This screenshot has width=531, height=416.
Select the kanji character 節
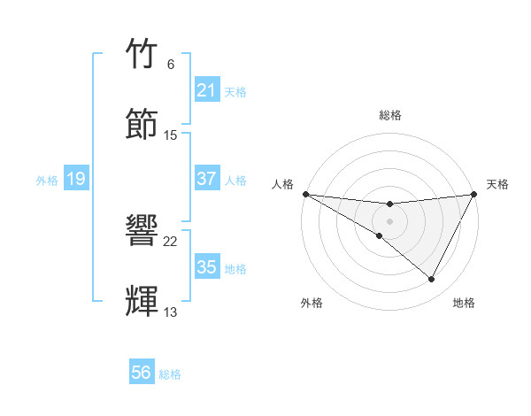point(143,124)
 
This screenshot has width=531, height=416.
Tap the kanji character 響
point(143,232)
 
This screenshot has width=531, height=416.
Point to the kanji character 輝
point(143,301)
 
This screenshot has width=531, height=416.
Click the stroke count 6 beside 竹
point(171,65)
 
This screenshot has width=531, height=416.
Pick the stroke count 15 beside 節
point(171,135)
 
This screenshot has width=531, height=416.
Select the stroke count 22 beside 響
point(171,242)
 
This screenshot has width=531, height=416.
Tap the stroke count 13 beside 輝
point(171,312)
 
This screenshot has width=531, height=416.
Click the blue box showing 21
point(207,90)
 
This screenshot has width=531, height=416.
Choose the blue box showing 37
point(207,179)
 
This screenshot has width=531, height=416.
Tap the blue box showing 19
point(76,179)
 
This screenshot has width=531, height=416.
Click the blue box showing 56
point(142,373)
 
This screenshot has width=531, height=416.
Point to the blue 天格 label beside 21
point(235,91)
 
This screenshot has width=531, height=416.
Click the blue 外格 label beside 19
point(47,180)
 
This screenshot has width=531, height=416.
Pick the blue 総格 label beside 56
point(170,374)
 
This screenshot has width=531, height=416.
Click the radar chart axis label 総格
point(390,115)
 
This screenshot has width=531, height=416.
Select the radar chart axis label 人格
point(282,184)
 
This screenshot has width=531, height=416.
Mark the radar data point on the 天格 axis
point(475,194)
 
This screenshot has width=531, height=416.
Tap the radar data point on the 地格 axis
point(432,280)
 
